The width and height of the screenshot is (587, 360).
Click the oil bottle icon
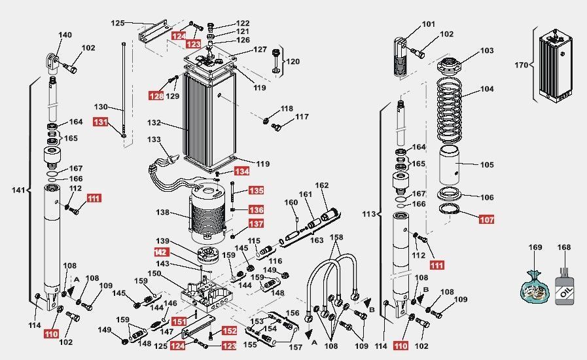(x=564, y=287)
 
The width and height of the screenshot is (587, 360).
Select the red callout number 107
(x=486, y=219)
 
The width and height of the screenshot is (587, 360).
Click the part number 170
(x=521, y=65)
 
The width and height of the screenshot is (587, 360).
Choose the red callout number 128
(x=156, y=96)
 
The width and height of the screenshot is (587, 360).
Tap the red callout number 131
(x=100, y=122)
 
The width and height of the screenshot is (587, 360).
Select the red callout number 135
(x=256, y=190)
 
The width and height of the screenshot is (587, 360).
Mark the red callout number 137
(x=256, y=224)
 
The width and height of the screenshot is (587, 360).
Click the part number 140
(x=65, y=35)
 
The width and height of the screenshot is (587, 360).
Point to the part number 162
(x=322, y=186)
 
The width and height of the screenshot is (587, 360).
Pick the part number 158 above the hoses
(x=336, y=237)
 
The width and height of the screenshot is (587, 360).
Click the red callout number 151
(x=179, y=321)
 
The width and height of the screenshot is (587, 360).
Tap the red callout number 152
(x=230, y=331)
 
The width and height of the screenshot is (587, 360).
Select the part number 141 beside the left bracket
(x=18, y=190)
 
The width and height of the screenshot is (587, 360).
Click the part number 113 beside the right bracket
(x=369, y=213)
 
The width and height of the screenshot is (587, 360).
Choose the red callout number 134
(x=242, y=171)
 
